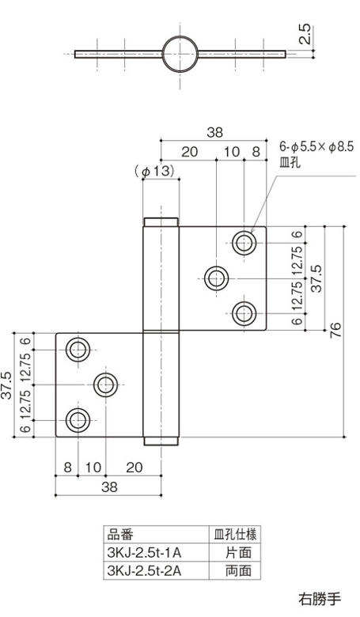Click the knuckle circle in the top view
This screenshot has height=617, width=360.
click(180, 54)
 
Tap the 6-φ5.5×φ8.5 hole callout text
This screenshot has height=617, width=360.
click(316, 147)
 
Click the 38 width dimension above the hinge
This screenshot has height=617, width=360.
click(215, 133)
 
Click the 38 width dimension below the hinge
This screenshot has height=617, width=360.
click(108, 487)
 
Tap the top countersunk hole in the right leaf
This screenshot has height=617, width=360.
click(244, 241)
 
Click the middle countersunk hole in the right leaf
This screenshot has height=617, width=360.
click(216, 278)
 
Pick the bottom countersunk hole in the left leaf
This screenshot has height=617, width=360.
click(78, 420)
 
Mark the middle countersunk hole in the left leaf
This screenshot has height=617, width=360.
click(106, 384)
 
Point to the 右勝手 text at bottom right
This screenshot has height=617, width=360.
click(317, 597)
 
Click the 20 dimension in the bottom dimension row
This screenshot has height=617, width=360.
click(134, 467)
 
